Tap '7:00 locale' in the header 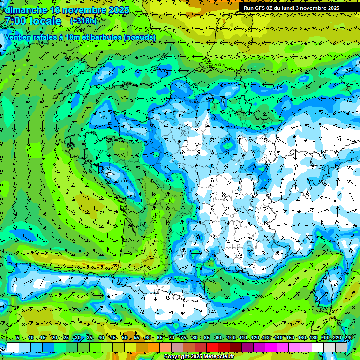point(33,21)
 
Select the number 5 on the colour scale point(18,338)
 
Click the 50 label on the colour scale point(125,338)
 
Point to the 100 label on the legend point(231,338)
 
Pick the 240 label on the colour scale point(349,338)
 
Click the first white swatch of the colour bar point(13,347)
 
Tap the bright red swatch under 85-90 point(212,347)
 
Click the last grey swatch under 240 point(341,347)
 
